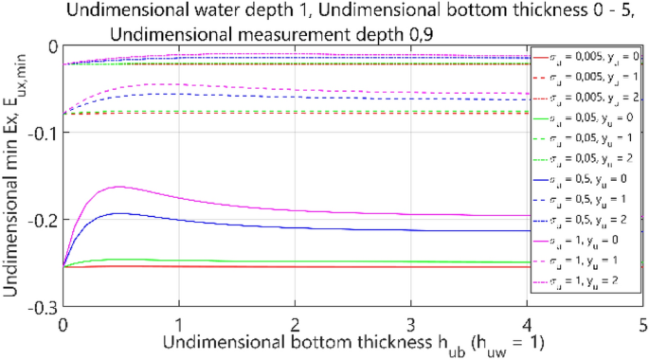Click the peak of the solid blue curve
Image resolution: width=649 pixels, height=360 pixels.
[117, 213]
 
